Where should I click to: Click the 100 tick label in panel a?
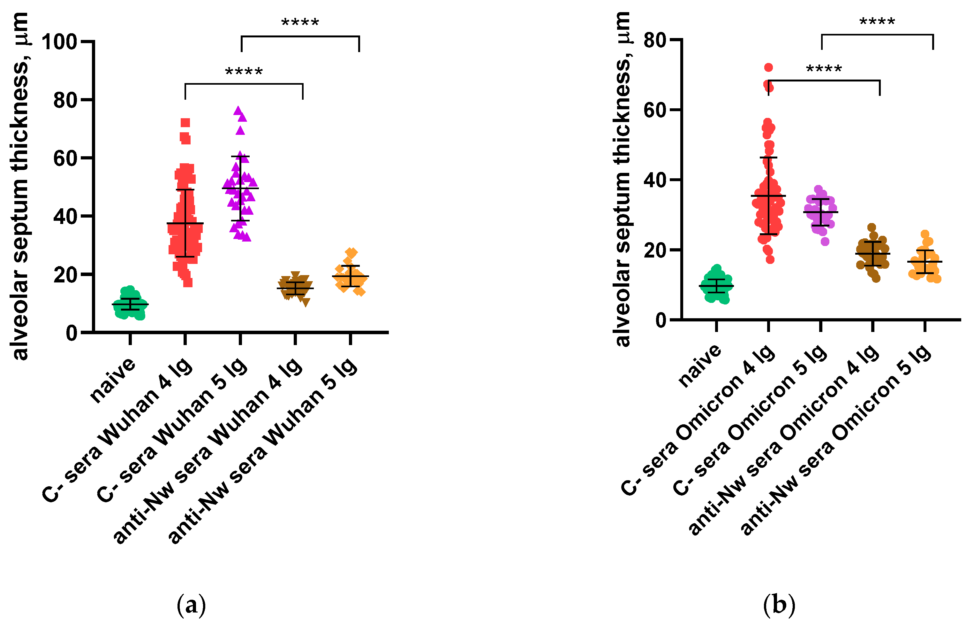point(59,42)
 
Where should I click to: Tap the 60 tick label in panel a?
point(65,158)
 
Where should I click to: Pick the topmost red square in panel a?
point(185,123)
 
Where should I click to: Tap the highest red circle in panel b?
point(768,68)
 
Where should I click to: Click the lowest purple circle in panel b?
point(825,242)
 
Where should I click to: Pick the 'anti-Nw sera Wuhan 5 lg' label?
point(263,450)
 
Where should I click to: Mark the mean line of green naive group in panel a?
point(130,304)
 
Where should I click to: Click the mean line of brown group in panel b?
point(872,254)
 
